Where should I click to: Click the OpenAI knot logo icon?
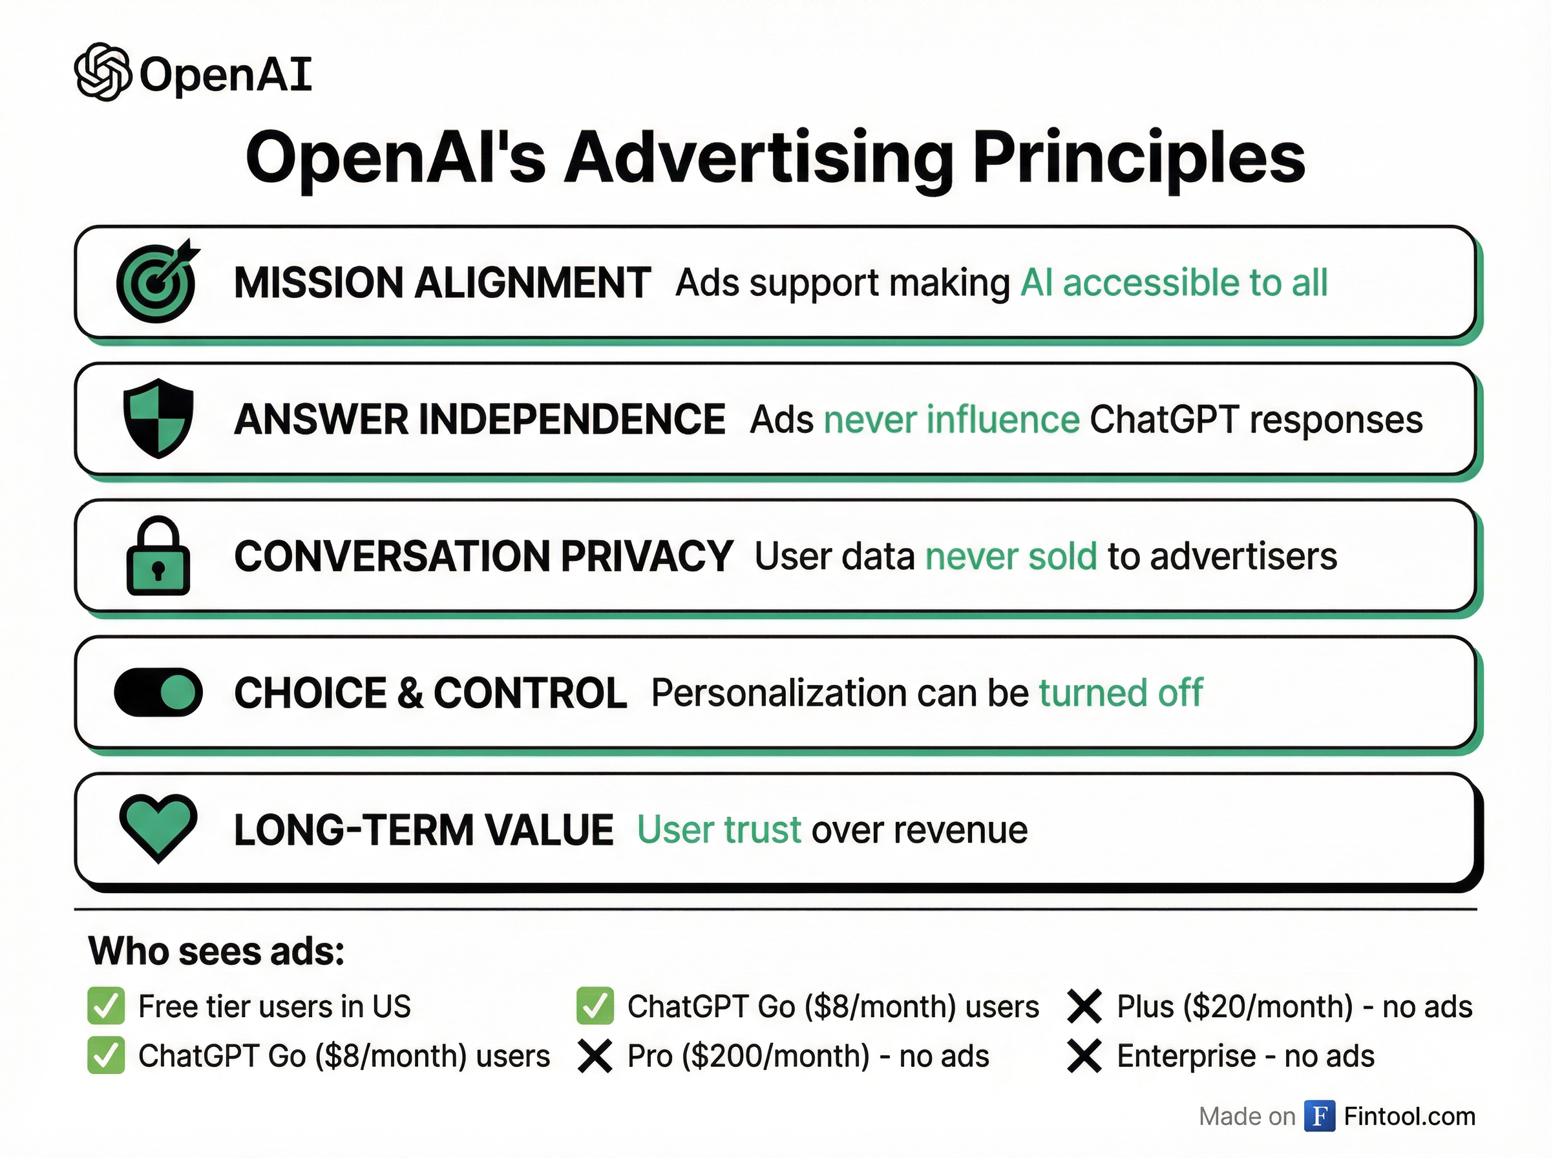tap(103, 72)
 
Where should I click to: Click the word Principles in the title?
tap(1138, 158)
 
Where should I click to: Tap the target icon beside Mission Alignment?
tap(158, 280)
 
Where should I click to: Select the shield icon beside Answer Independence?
tap(158, 419)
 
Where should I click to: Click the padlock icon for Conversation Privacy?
tap(158, 556)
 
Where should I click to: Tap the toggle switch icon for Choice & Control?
tap(158, 693)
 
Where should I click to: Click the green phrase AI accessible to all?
tap(1174, 282)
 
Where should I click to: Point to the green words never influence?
tap(952, 419)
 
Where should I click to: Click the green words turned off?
tap(1121, 693)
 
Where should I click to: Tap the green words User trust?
tap(719, 830)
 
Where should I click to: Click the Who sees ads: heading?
tap(216, 951)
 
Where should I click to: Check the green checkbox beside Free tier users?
tap(106, 1006)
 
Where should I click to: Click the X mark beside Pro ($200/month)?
tap(595, 1057)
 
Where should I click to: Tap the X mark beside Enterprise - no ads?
tap(1084, 1057)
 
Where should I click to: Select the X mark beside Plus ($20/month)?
tap(1084, 1007)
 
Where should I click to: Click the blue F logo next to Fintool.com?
tap(1320, 1116)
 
